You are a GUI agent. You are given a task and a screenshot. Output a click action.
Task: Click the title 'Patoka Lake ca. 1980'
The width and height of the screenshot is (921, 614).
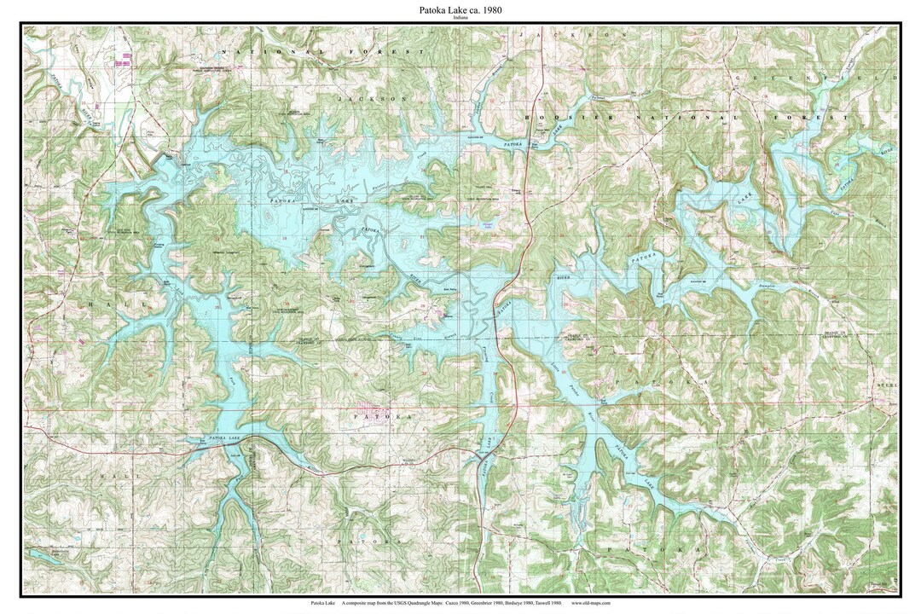point(460,9)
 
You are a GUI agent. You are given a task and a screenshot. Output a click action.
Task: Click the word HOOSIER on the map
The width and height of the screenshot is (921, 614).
point(553,116)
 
